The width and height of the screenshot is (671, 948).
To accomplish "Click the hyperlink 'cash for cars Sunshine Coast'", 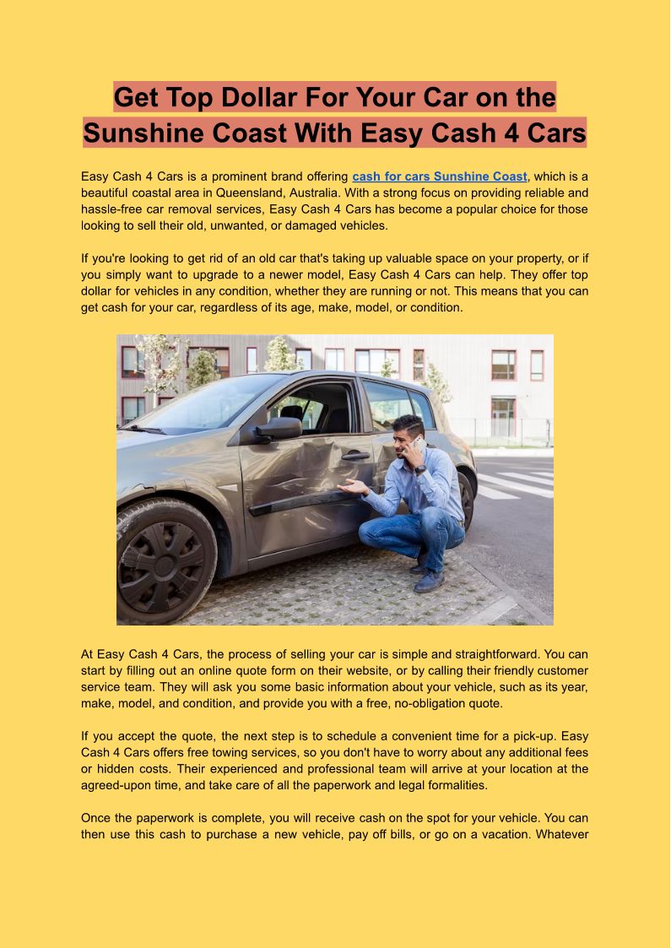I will (x=439, y=176).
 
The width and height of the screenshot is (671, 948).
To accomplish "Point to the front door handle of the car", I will (x=355, y=456).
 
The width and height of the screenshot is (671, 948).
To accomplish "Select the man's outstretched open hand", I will (x=352, y=487).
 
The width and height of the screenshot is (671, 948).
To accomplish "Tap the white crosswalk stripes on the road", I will (x=515, y=484).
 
